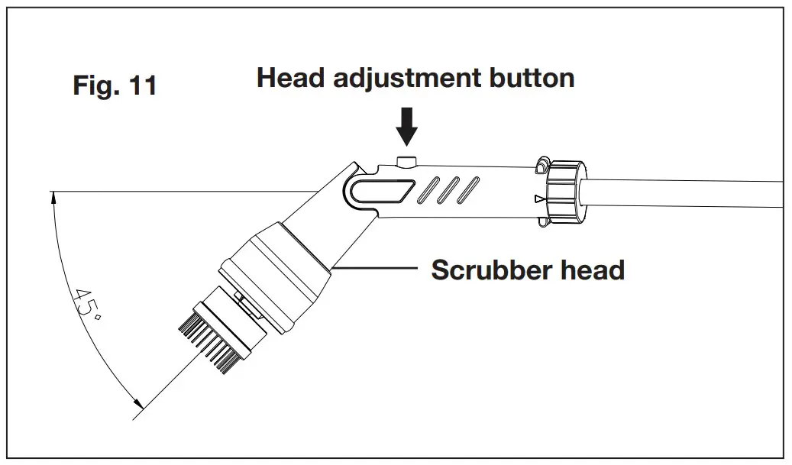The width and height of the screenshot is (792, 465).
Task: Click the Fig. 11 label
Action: click(115, 84)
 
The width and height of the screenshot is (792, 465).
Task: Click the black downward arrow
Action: click(408, 125)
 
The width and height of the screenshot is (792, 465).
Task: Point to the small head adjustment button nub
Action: click(407, 160)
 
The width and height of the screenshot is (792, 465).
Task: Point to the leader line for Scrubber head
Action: click(374, 268)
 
